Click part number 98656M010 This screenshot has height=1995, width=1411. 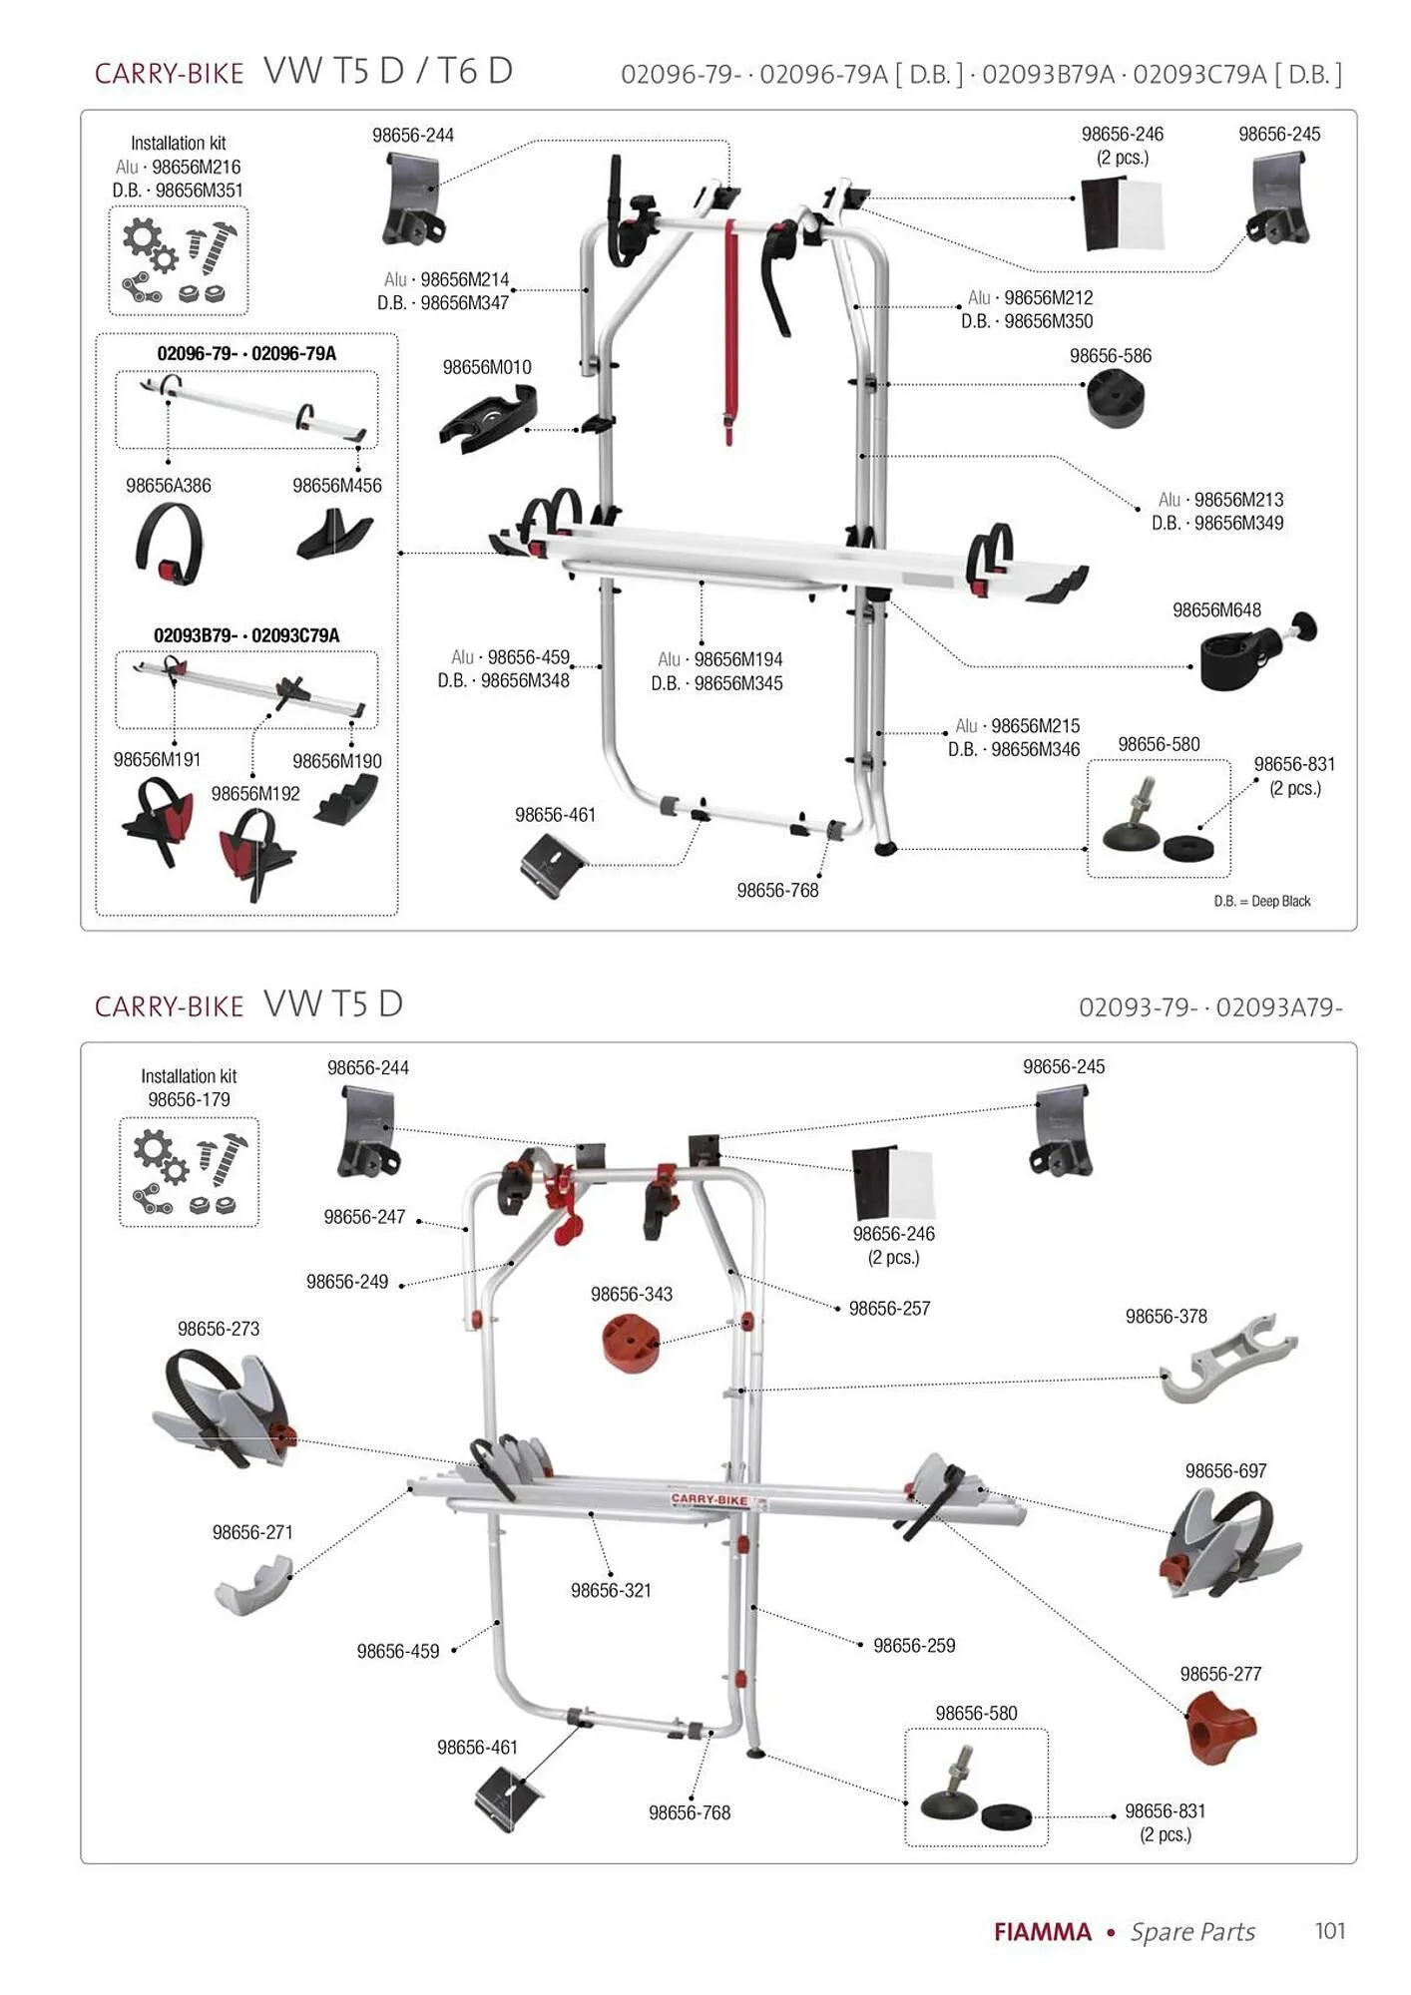tap(487, 368)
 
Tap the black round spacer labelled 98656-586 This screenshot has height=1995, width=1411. tap(1114, 397)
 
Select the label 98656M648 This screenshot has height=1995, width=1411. tap(1216, 610)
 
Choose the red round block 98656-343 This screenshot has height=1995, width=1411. tap(630, 1343)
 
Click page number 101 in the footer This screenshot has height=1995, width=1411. tap(1330, 1931)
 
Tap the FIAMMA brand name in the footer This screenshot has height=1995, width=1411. tap(1042, 1932)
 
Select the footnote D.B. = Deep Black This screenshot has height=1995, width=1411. tap(1261, 901)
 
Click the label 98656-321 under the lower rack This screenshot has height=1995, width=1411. tap(611, 1590)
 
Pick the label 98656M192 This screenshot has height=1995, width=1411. tap(255, 794)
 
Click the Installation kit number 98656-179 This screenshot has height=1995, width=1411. tap(189, 1099)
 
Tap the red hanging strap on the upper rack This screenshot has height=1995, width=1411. tap(730, 329)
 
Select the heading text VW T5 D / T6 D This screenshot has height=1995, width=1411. tap(388, 71)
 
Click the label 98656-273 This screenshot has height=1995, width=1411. tap(219, 1329)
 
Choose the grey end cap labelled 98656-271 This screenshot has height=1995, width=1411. tap(253, 1585)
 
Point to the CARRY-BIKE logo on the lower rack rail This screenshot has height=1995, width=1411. tap(708, 1499)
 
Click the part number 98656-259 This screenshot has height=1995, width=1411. tap(914, 1645)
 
